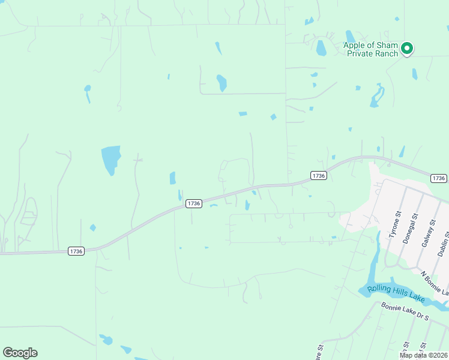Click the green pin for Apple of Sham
coord(406,49)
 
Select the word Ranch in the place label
coord(387,53)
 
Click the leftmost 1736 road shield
coord(76,251)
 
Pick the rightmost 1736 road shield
coord(439,178)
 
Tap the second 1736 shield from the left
coord(193,203)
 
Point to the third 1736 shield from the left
coord(319,175)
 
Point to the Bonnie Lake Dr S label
coord(406,313)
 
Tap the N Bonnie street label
coord(433,283)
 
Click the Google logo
coord(20,353)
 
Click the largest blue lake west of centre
coord(110,158)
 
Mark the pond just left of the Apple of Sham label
coord(321,47)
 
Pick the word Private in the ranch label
coord(360,53)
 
